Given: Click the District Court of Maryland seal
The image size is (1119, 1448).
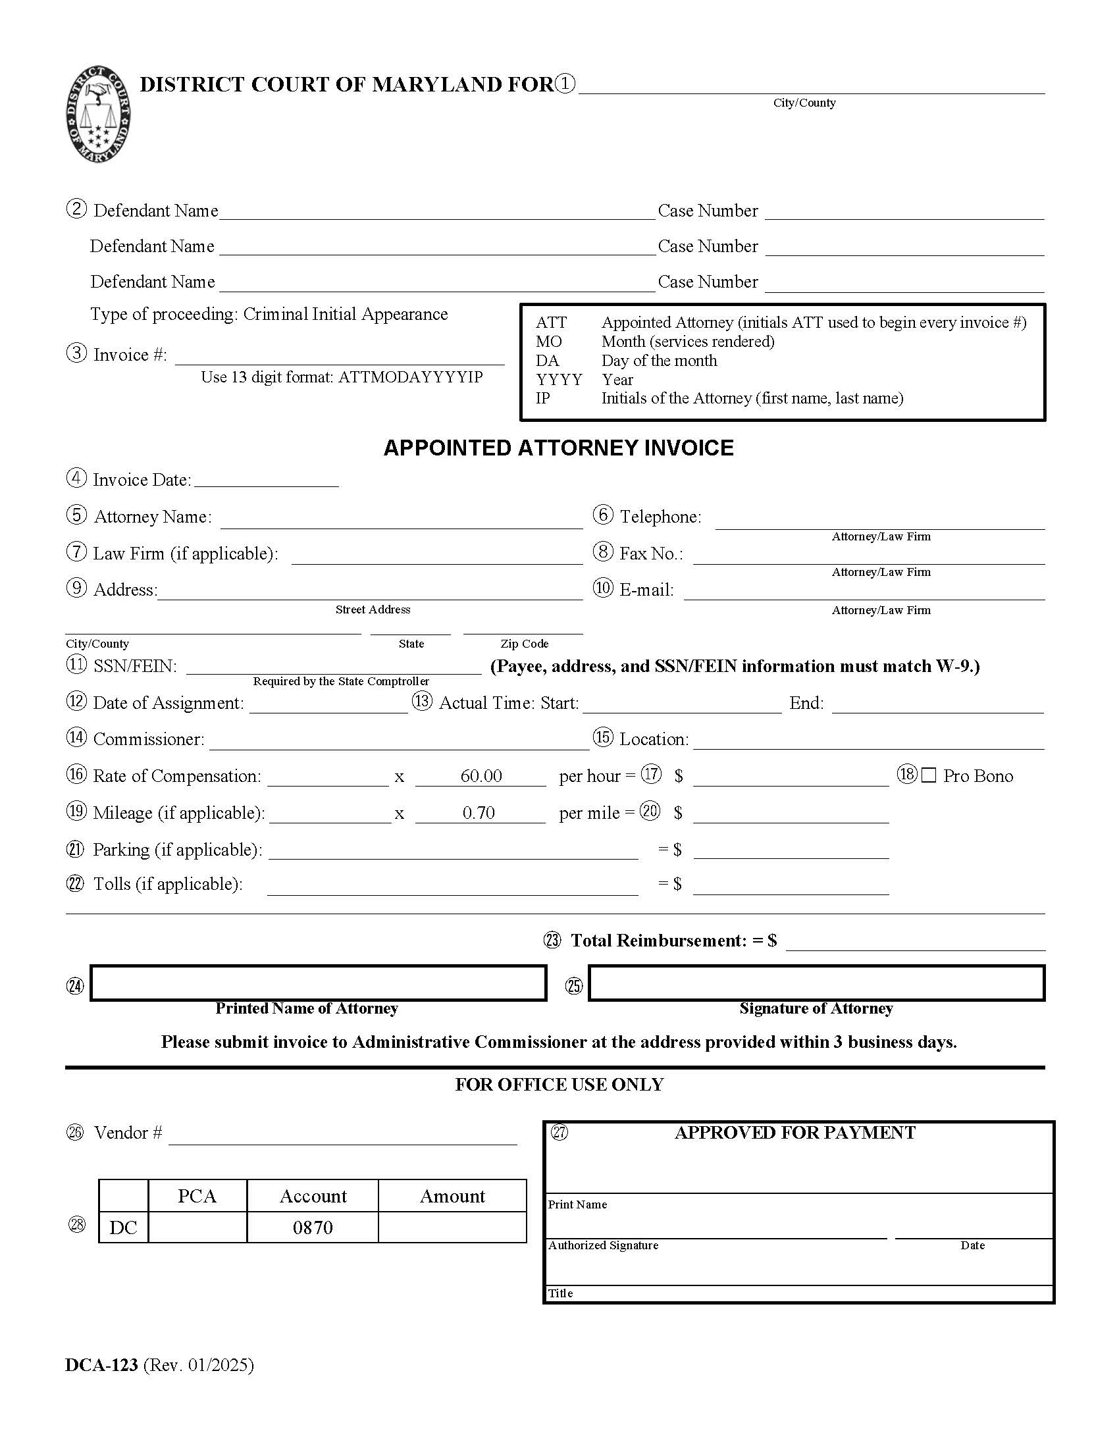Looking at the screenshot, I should pos(98,113).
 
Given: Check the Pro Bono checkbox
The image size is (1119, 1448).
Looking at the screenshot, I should pos(929,775).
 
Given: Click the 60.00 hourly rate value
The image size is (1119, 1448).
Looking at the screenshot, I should pos(481,776).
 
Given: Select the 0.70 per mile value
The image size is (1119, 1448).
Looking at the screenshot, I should pos(479,813).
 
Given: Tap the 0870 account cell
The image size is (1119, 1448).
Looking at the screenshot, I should pos(312,1228).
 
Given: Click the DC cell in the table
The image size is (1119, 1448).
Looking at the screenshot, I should pos(123,1228).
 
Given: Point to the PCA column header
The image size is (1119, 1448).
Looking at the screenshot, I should pos(197,1196).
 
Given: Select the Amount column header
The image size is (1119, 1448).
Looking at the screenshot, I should pos(452,1196).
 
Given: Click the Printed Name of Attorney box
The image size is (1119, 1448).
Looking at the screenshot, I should pos(318,983).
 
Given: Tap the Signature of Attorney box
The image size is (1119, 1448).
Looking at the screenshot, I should pos(816,983).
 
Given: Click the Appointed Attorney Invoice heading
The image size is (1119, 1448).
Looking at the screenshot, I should pos(558,448).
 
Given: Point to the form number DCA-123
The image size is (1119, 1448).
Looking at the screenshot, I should pos(101,1365).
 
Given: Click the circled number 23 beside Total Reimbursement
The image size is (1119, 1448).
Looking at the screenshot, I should pos(552,940).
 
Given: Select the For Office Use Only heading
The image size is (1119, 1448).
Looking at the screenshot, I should pos(559,1085).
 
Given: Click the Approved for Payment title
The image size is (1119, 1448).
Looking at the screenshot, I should pos(794,1133).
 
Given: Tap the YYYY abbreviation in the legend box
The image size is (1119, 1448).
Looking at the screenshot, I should pos(559,379).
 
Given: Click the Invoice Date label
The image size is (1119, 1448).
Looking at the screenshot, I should pos(142,480).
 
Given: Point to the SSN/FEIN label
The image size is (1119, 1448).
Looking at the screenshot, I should pos(135,665).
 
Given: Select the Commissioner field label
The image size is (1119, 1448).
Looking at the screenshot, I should pos(149,739).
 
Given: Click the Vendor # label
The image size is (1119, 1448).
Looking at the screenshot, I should pos(128,1133).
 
